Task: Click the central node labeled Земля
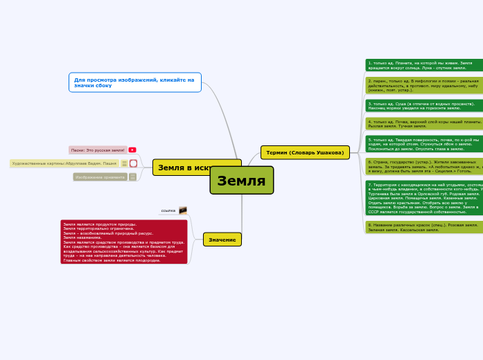point(241,181)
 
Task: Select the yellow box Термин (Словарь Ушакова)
point(305,152)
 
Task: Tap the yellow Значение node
point(222,240)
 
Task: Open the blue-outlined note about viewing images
point(135,82)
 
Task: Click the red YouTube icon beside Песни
point(132,150)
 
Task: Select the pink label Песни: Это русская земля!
point(97,150)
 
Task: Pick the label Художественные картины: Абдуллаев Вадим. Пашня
point(64,163)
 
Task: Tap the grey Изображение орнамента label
point(100,177)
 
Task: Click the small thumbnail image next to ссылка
point(183,210)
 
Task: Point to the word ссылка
point(168,210)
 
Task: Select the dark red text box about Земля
point(124,242)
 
